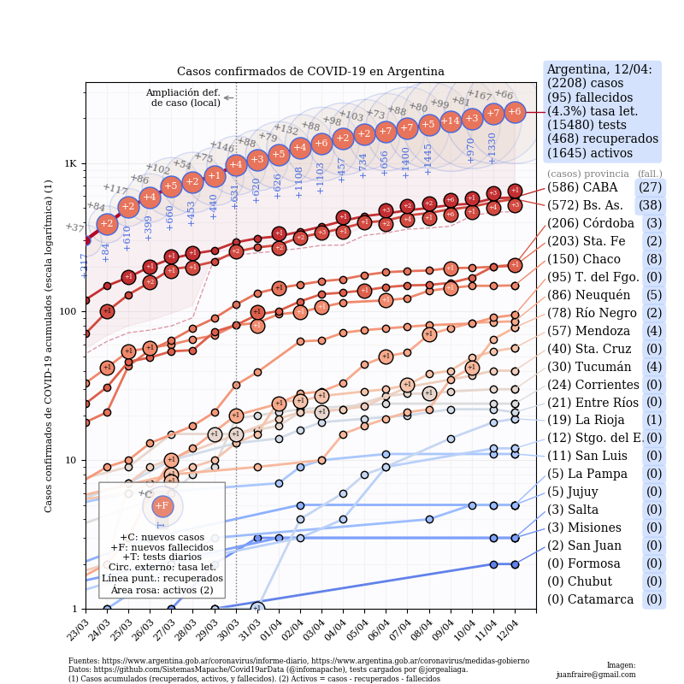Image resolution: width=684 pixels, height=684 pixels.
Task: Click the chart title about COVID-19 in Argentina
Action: [x=310, y=72]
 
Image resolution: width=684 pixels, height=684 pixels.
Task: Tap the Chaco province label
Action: [x=584, y=259]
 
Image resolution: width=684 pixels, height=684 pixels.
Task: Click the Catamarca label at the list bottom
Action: [x=590, y=600]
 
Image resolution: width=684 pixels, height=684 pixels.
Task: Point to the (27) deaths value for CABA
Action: [x=650, y=187]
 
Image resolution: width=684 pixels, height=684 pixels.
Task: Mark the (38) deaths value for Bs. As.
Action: [x=650, y=205]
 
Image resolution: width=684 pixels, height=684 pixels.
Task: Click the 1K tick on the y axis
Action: [x=70, y=163]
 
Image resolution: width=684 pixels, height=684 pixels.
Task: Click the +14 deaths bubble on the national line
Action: [x=451, y=121]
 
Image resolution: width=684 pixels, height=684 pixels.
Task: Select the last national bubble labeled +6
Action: [x=515, y=111]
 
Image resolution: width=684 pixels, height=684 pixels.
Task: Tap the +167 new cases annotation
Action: [x=479, y=95]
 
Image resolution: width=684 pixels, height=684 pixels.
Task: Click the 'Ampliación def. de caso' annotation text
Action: [x=183, y=97]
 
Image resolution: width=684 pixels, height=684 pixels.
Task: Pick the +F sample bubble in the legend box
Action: [x=162, y=505]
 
